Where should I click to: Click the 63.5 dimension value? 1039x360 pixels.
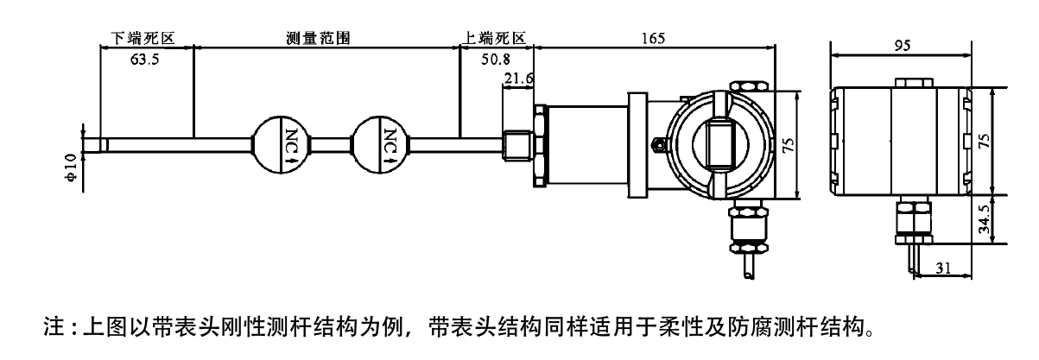pyautogui.click(x=144, y=60)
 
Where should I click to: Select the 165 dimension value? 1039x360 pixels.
pyautogui.click(x=654, y=38)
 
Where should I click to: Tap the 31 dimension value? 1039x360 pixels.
pyautogui.click(x=943, y=268)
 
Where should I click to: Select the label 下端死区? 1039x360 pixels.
pyautogui.click(x=143, y=39)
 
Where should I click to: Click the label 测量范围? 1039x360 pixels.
pyautogui.click(x=319, y=39)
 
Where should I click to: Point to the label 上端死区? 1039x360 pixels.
pyautogui.click(x=495, y=39)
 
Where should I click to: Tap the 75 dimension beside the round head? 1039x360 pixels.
pyautogui.click(x=788, y=144)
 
